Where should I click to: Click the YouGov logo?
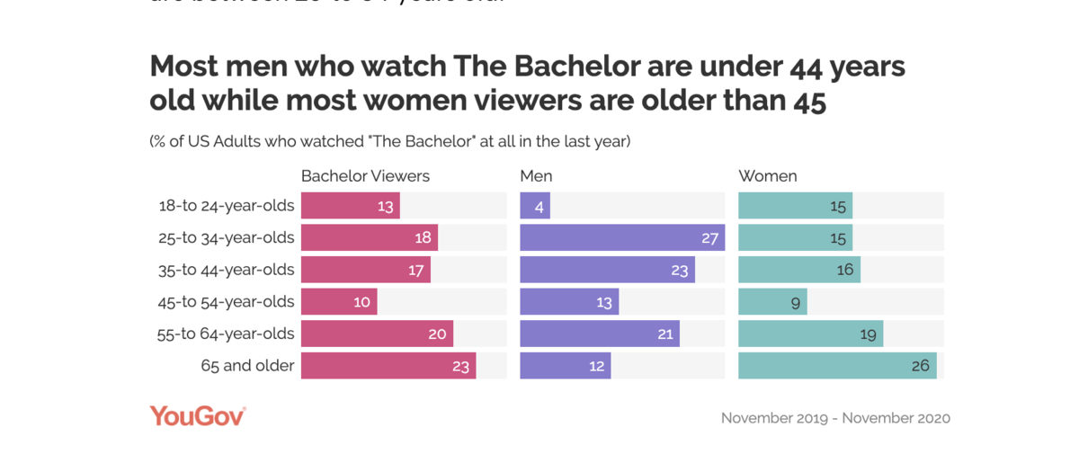[x=197, y=416]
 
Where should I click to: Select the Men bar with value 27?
[x=622, y=238]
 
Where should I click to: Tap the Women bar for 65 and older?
[x=837, y=366]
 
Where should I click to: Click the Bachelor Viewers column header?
[x=365, y=176]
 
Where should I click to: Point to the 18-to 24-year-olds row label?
[x=226, y=206]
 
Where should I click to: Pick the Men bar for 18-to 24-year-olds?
[x=535, y=206]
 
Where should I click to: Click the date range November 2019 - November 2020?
[x=835, y=418]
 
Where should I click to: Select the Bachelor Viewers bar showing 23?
[x=388, y=366]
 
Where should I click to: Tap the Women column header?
[x=768, y=176]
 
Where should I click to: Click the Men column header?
[x=536, y=176]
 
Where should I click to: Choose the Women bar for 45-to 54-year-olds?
[x=772, y=302]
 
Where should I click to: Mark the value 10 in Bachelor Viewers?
[x=361, y=302]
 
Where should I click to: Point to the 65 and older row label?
[x=247, y=366]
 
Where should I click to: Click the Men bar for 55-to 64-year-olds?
[x=600, y=334]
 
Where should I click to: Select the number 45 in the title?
[x=808, y=102]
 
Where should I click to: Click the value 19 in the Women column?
[x=868, y=334]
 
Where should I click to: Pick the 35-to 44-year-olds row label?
[x=226, y=270]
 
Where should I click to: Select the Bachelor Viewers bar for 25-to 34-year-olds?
[x=369, y=238]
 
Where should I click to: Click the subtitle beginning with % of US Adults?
[x=389, y=141]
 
